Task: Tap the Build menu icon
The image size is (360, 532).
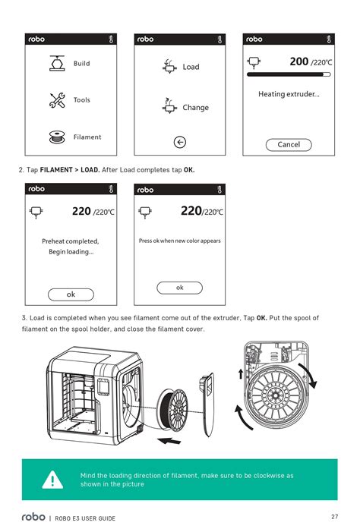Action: coord(57,63)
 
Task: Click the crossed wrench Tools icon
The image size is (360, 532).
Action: coord(57,100)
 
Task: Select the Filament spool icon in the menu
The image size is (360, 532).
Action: coord(57,137)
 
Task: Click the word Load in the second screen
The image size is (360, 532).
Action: coord(191,67)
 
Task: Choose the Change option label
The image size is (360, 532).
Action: coord(196,108)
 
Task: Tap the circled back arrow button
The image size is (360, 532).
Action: coord(180,142)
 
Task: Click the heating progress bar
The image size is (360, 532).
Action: coord(289,74)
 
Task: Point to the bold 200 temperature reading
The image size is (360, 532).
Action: coord(299,61)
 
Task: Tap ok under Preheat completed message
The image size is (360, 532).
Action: coord(71,294)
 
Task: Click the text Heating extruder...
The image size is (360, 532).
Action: coord(289,94)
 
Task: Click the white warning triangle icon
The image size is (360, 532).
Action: coord(52,480)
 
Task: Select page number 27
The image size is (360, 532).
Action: coord(334,516)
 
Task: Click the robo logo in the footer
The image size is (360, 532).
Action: coord(33,517)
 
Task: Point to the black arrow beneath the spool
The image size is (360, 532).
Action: coord(169,441)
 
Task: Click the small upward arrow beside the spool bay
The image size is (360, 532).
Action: coord(241,374)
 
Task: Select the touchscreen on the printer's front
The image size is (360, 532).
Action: coord(103,387)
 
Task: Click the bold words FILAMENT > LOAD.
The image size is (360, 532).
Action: coord(70,170)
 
